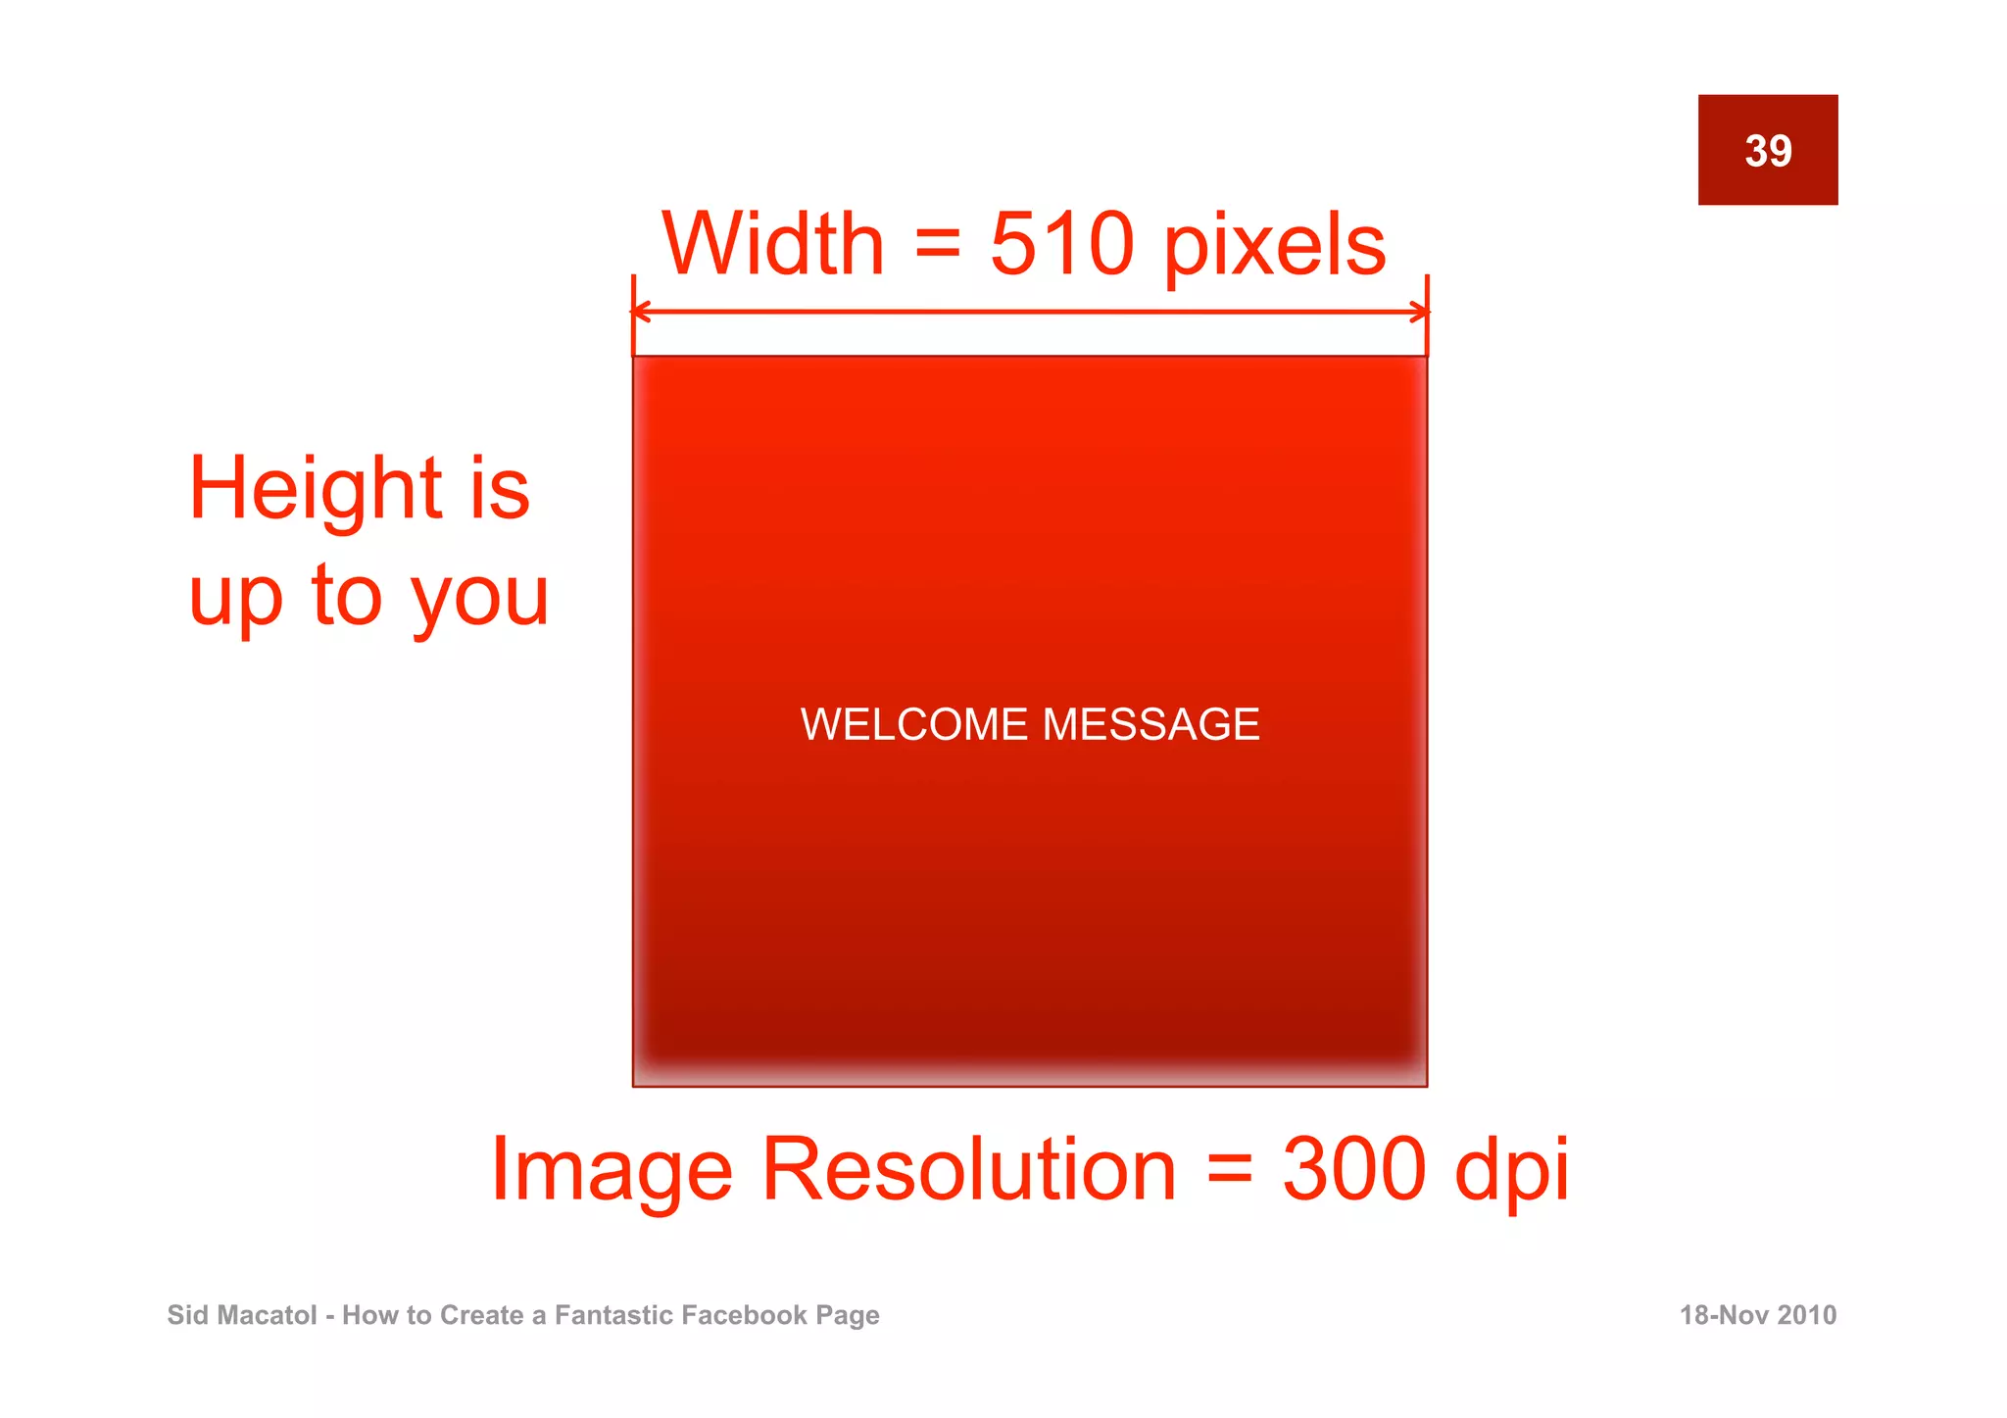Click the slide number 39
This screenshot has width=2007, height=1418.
click(1768, 151)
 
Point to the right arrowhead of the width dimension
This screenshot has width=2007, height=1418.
click(1420, 313)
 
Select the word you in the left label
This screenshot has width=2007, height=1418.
click(480, 597)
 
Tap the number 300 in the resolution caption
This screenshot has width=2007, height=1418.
click(1354, 1169)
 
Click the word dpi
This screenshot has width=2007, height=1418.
click(1511, 1171)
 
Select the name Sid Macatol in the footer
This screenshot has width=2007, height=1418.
click(242, 1315)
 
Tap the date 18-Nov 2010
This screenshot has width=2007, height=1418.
click(1758, 1315)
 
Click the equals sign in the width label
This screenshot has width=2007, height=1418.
click(937, 243)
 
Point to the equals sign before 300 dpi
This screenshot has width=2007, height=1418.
click(1230, 1169)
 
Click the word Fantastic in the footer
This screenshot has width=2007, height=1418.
click(613, 1315)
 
